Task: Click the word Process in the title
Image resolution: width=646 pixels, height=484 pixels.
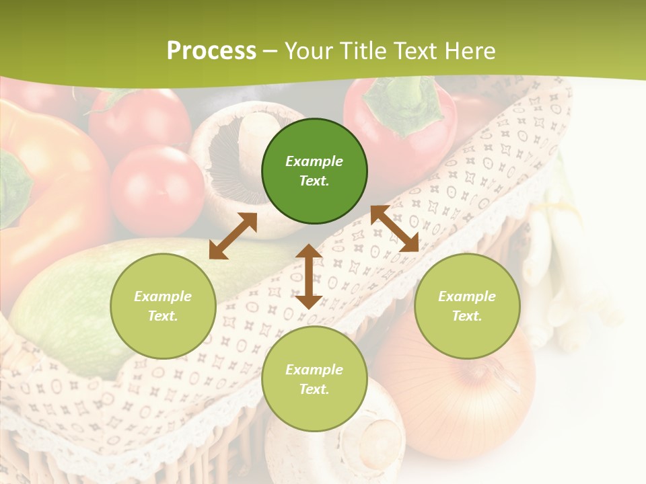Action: (x=211, y=51)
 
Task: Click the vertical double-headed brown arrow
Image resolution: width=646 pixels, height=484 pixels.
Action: (x=309, y=276)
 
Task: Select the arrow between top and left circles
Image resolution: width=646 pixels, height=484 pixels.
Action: (x=233, y=236)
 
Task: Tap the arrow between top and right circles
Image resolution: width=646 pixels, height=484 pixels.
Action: (x=395, y=229)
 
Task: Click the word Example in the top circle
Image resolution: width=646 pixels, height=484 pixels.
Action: (x=314, y=161)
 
